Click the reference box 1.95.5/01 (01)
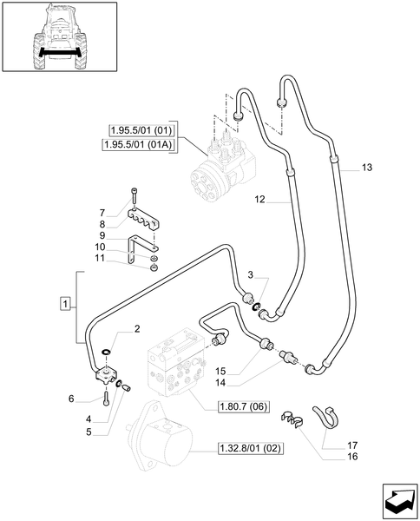[138, 130]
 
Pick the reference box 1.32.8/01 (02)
[248, 449]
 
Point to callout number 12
[259, 200]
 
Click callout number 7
[102, 213]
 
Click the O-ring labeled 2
[106, 352]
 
